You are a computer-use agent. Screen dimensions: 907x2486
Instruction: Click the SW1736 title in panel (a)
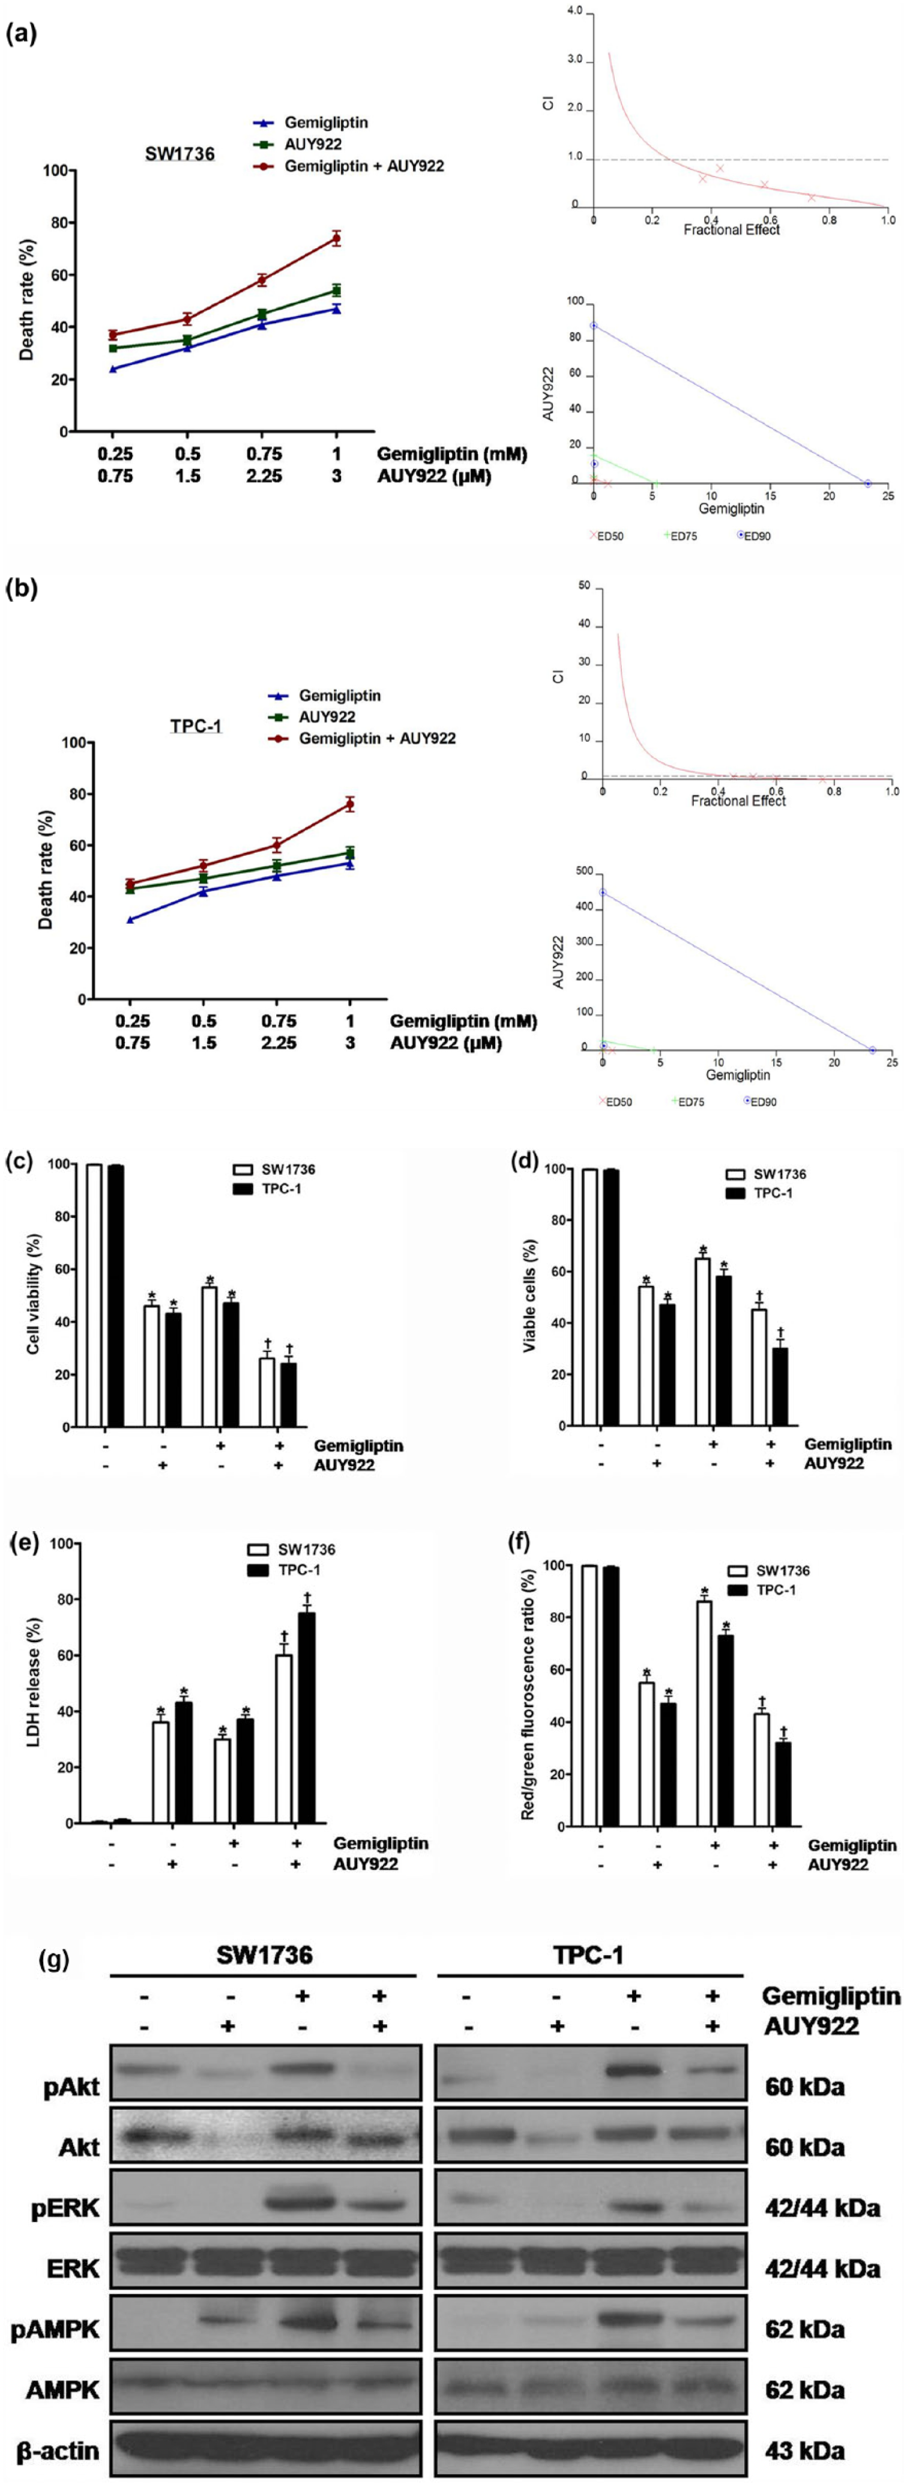[173, 153]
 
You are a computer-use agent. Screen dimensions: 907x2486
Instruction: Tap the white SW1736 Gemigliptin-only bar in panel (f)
[704, 1713]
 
